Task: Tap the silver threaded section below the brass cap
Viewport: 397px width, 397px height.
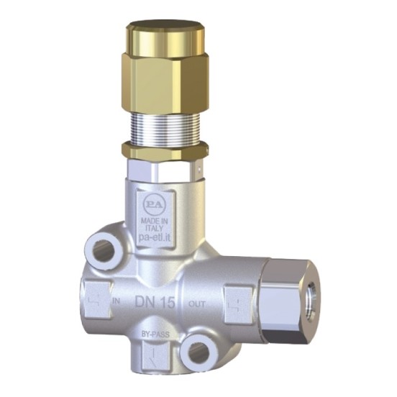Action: [x=163, y=122]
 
